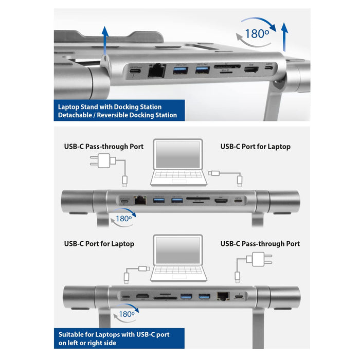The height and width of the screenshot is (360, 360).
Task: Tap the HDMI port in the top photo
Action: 251,70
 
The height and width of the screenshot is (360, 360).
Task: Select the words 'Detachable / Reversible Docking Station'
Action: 118,115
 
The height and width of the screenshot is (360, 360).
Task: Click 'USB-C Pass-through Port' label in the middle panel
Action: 103,147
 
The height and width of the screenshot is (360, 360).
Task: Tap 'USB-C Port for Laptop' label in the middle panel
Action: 256,147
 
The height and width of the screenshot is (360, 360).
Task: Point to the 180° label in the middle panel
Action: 124,218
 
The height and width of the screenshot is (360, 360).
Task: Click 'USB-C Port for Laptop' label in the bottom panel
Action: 99,244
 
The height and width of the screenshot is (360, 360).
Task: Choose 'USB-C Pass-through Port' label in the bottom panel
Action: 260,244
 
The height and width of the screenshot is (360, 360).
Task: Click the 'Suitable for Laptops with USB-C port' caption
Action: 114,334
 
